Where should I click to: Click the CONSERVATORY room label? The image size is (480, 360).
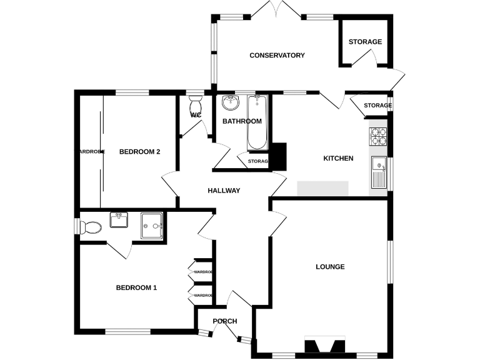277,56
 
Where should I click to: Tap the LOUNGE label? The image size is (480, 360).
330,267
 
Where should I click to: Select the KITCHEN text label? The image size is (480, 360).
338,159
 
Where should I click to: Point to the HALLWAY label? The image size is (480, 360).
224,191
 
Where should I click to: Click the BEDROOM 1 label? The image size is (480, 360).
136,288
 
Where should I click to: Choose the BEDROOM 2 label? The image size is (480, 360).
140,152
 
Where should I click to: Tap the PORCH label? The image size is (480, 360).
225,322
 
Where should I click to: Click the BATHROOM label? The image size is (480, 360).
242,121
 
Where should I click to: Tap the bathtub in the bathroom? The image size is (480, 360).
257,122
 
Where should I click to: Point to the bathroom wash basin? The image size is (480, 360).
230,102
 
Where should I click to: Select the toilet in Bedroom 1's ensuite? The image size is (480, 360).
89,226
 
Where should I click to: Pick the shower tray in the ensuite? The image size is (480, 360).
152,225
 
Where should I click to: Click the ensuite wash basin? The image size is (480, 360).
119,220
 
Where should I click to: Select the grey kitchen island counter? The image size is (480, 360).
322,188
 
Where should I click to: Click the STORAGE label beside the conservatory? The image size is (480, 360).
365,42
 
